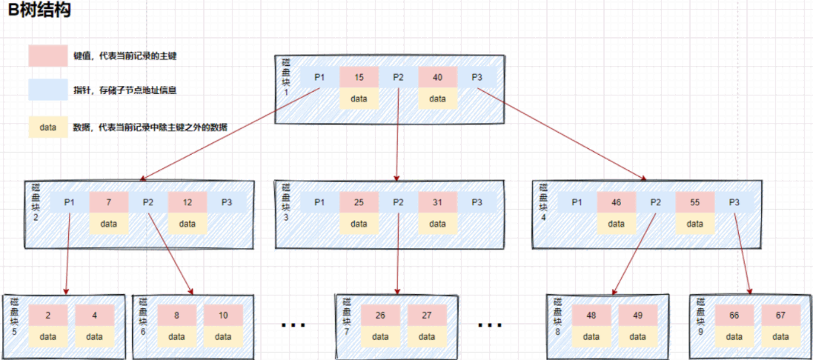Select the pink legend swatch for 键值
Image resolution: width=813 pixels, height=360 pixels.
coord(48,56)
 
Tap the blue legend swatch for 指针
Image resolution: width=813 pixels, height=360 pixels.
coord(48,90)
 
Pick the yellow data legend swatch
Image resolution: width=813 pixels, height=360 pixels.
coord(48,127)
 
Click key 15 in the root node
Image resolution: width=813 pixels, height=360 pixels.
coord(359,77)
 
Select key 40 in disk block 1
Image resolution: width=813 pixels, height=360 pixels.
coord(437,77)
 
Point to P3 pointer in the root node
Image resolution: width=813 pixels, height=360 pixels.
coord(477,77)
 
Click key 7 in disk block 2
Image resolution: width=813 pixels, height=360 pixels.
coord(109,202)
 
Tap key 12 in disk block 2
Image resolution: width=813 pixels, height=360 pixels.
coord(187,202)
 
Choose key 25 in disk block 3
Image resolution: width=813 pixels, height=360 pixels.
coord(359,202)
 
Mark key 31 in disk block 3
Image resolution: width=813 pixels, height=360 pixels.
coord(437,202)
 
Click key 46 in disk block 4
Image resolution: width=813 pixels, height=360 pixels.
coord(617,202)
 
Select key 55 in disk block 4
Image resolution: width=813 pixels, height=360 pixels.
coord(694,202)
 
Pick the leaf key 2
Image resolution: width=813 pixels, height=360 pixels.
coord(48,315)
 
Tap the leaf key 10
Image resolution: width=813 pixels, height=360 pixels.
coord(223,315)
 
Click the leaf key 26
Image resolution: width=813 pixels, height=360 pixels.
coord(380,315)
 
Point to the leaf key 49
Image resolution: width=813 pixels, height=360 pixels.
coord(637,315)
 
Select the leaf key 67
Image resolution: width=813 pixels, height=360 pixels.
coord(780,315)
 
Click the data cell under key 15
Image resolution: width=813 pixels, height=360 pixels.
coord(359,99)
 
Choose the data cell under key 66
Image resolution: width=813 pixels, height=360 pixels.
coord(734,336)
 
